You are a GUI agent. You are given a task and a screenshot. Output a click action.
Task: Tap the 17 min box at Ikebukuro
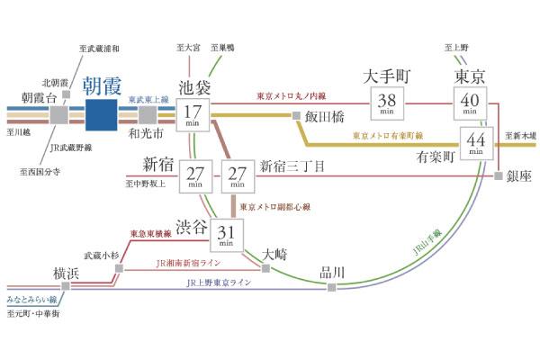[193, 115]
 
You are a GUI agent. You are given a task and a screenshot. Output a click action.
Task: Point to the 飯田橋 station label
[325, 116]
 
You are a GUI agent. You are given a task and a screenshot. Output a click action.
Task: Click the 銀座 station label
[517, 176]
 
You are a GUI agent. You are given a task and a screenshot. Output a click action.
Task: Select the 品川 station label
[332, 271]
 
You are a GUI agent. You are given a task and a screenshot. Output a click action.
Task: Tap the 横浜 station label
[67, 274]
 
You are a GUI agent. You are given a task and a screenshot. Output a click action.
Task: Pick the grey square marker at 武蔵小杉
[117, 270]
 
